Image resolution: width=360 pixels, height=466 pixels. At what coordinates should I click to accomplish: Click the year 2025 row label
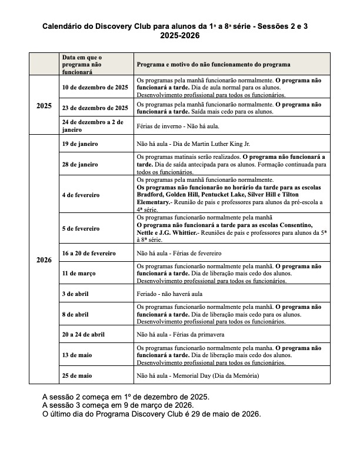tap(44, 106)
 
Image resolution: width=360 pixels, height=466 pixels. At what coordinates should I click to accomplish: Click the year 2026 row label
tap(44, 259)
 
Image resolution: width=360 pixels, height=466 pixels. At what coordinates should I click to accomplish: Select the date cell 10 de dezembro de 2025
tap(95, 87)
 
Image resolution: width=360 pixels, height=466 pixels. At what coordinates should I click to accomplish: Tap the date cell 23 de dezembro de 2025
tap(95, 108)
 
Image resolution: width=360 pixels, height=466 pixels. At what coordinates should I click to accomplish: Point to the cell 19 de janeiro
tap(80, 144)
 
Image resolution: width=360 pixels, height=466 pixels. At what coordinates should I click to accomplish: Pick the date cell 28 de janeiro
tap(80, 164)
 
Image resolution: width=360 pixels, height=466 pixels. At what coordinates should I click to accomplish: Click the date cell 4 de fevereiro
tap(81, 194)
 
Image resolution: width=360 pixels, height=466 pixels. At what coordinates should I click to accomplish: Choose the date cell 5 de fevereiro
tap(81, 228)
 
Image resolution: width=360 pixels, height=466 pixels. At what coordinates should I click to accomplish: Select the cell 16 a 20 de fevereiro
tap(89, 253)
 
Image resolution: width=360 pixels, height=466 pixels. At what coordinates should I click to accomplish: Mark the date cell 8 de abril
tap(76, 314)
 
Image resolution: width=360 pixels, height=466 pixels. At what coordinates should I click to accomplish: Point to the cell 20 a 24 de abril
tap(84, 334)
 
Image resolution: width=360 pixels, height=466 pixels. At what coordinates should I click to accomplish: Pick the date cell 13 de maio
tap(77, 355)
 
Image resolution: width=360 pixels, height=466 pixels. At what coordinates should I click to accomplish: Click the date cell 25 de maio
tap(77, 375)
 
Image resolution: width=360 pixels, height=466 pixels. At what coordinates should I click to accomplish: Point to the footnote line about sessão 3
tap(118, 405)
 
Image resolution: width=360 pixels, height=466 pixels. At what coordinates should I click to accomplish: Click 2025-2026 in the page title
tap(180, 36)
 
